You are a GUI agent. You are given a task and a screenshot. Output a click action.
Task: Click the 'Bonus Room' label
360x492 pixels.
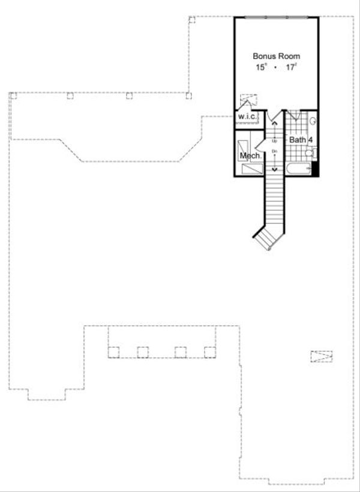pyautogui.click(x=276, y=56)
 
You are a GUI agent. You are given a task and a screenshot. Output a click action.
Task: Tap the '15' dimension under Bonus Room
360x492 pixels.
pyautogui.click(x=261, y=67)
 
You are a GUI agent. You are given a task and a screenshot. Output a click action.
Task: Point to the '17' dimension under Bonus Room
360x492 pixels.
pyautogui.click(x=292, y=67)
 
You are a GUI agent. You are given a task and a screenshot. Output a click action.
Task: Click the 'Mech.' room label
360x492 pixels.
pyautogui.click(x=250, y=156)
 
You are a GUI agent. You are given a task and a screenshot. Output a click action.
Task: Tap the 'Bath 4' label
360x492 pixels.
pyautogui.click(x=301, y=140)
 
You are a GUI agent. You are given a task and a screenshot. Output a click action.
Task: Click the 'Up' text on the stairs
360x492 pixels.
pyautogui.click(x=275, y=140)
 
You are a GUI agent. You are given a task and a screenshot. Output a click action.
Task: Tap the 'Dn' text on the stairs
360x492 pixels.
pyautogui.click(x=275, y=151)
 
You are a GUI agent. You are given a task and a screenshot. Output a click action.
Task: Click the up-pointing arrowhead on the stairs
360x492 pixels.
pyautogui.click(x=275, y=123)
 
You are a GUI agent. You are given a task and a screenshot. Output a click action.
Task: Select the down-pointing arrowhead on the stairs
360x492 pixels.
pyautogui.click(x=275, y=170)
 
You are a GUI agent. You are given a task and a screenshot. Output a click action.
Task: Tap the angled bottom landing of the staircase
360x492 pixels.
pyautogui.click(x=265, y=239)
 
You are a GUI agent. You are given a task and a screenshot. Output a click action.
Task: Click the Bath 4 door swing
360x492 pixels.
pyautogui.click(x=293, y=116)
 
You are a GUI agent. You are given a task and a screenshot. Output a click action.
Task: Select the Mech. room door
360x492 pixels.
pyautogui.click(x=260, y=145)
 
